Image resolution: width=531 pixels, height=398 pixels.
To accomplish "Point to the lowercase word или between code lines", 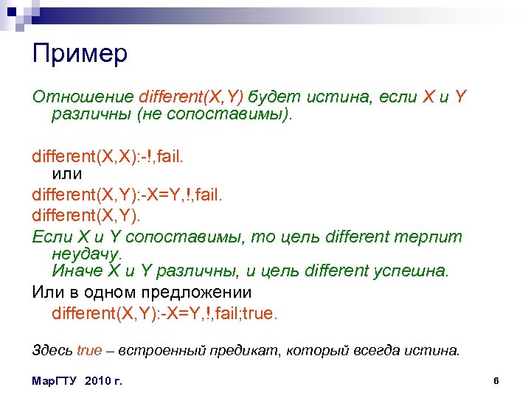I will [x=67, y=175].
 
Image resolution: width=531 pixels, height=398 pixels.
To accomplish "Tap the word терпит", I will [x=432, y=237].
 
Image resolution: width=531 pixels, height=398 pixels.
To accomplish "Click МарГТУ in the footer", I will [x=56, y=381].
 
